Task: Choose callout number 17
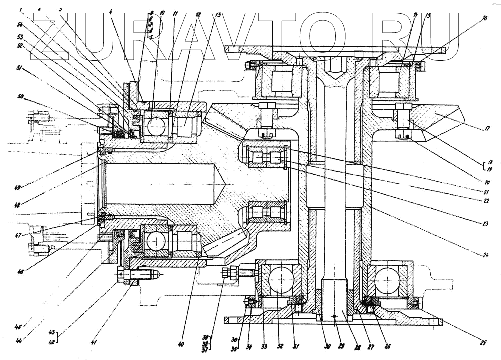(485, 129)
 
